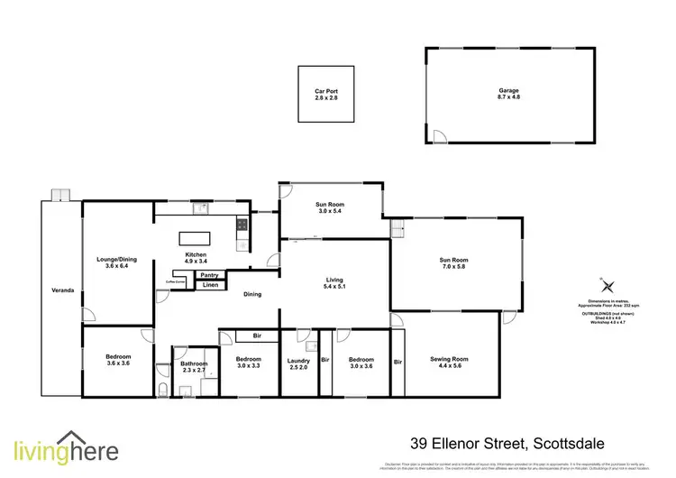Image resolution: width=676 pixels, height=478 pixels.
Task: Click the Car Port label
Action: click(325, 94)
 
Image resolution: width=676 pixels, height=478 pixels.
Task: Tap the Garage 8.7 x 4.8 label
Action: click(510, 93)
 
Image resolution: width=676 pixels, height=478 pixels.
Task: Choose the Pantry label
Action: click(209, 275)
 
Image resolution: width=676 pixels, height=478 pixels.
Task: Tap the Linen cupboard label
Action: click(209, 285)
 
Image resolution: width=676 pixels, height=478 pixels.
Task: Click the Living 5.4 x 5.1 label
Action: click(334, 284)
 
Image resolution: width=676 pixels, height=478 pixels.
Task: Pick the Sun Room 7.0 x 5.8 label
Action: click(454, 262)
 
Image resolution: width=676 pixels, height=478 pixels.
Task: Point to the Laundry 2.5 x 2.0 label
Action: click(297, 364)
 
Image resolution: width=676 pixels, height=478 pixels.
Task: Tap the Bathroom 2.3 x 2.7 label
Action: click(194, 366)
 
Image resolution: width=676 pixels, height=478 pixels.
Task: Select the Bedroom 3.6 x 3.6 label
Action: click(118, 359)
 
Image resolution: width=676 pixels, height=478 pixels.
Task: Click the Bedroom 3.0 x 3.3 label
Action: click(248, 363)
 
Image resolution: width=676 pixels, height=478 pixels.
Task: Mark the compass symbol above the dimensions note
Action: click(603, 283)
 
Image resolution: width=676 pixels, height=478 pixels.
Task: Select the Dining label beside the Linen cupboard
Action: click(252, 294)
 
